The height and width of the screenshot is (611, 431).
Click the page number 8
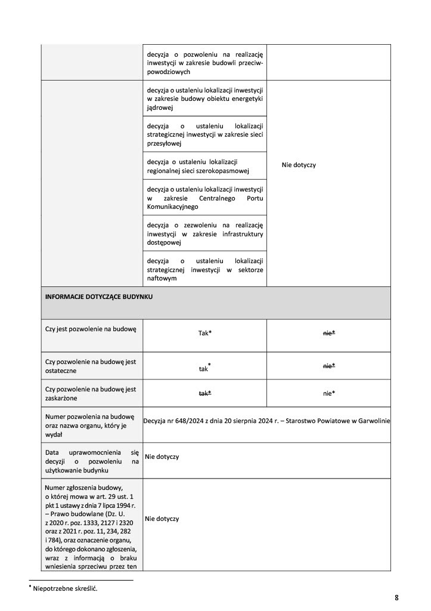[396, 597]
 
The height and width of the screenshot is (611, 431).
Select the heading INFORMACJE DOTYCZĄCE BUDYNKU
[99, 296]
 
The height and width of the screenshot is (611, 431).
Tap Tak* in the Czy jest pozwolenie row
[205, 333]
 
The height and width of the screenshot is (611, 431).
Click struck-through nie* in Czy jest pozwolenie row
[328, 333]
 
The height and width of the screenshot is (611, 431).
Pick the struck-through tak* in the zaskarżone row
[205, 393]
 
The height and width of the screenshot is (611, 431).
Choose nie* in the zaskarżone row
[328, 393]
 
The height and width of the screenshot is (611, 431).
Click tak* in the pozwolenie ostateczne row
[205, 369]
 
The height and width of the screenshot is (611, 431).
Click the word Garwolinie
[373, 421]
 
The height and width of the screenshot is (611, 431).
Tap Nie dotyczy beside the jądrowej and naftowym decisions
[299, 165]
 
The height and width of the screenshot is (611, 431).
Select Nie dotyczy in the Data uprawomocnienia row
[162, 456]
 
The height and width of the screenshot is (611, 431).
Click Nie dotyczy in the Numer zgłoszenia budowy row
[162, 519]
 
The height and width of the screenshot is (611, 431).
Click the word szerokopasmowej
[218, 171]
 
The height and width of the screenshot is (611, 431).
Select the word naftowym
[162, 278]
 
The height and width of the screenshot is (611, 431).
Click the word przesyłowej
[165, 143]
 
